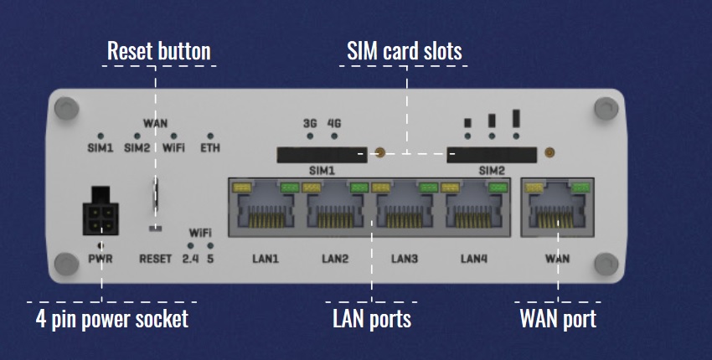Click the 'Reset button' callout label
pos(159,51)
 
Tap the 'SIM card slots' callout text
pos(405,51)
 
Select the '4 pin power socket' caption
pos(112,319)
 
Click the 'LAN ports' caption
pos(372,319)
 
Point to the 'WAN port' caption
pos(558,319)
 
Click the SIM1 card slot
pos(322,154)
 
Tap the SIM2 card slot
pos(492,154)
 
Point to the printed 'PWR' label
pos(101,259)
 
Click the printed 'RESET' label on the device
pos(155,259)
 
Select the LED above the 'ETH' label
pos(210,136)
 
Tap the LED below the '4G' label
pos(334,136)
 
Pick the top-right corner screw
pos(604,108)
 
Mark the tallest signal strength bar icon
pos(516,118)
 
